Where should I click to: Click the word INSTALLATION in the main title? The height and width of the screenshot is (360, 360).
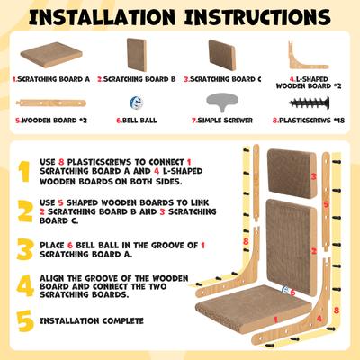(x=102, y=17)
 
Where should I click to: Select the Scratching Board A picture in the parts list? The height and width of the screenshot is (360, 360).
(x=51, y=55)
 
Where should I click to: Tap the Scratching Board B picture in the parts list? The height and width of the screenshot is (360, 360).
(x=137, y=55)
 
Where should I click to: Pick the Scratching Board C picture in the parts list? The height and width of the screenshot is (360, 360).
(x=222, y=55)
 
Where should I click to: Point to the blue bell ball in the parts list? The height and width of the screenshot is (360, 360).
(x=137, y=103)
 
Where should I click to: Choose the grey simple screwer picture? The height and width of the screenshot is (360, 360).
(x=222, y=103)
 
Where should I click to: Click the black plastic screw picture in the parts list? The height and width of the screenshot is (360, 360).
(x=309, y=103)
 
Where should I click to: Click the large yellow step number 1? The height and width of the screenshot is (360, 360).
(x=23, y=172)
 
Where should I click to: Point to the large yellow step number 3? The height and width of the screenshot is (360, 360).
(x=24, y=249)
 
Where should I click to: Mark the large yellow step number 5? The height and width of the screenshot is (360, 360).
(x=25, y=321)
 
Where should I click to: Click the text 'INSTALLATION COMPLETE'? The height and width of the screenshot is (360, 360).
(x=92, y=320)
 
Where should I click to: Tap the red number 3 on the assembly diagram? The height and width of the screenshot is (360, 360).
(x=314, y=176)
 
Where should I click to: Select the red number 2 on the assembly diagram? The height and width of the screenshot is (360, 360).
(x=314, y=250)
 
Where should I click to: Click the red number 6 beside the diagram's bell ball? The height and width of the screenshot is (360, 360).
(x=292, y=292)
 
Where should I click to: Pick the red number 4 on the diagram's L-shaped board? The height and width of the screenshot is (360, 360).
(x=319, y=319)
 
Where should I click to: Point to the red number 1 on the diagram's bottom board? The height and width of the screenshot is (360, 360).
(x=275, y=319)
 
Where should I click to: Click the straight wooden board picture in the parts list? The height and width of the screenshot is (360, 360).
(x=51, y=103)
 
